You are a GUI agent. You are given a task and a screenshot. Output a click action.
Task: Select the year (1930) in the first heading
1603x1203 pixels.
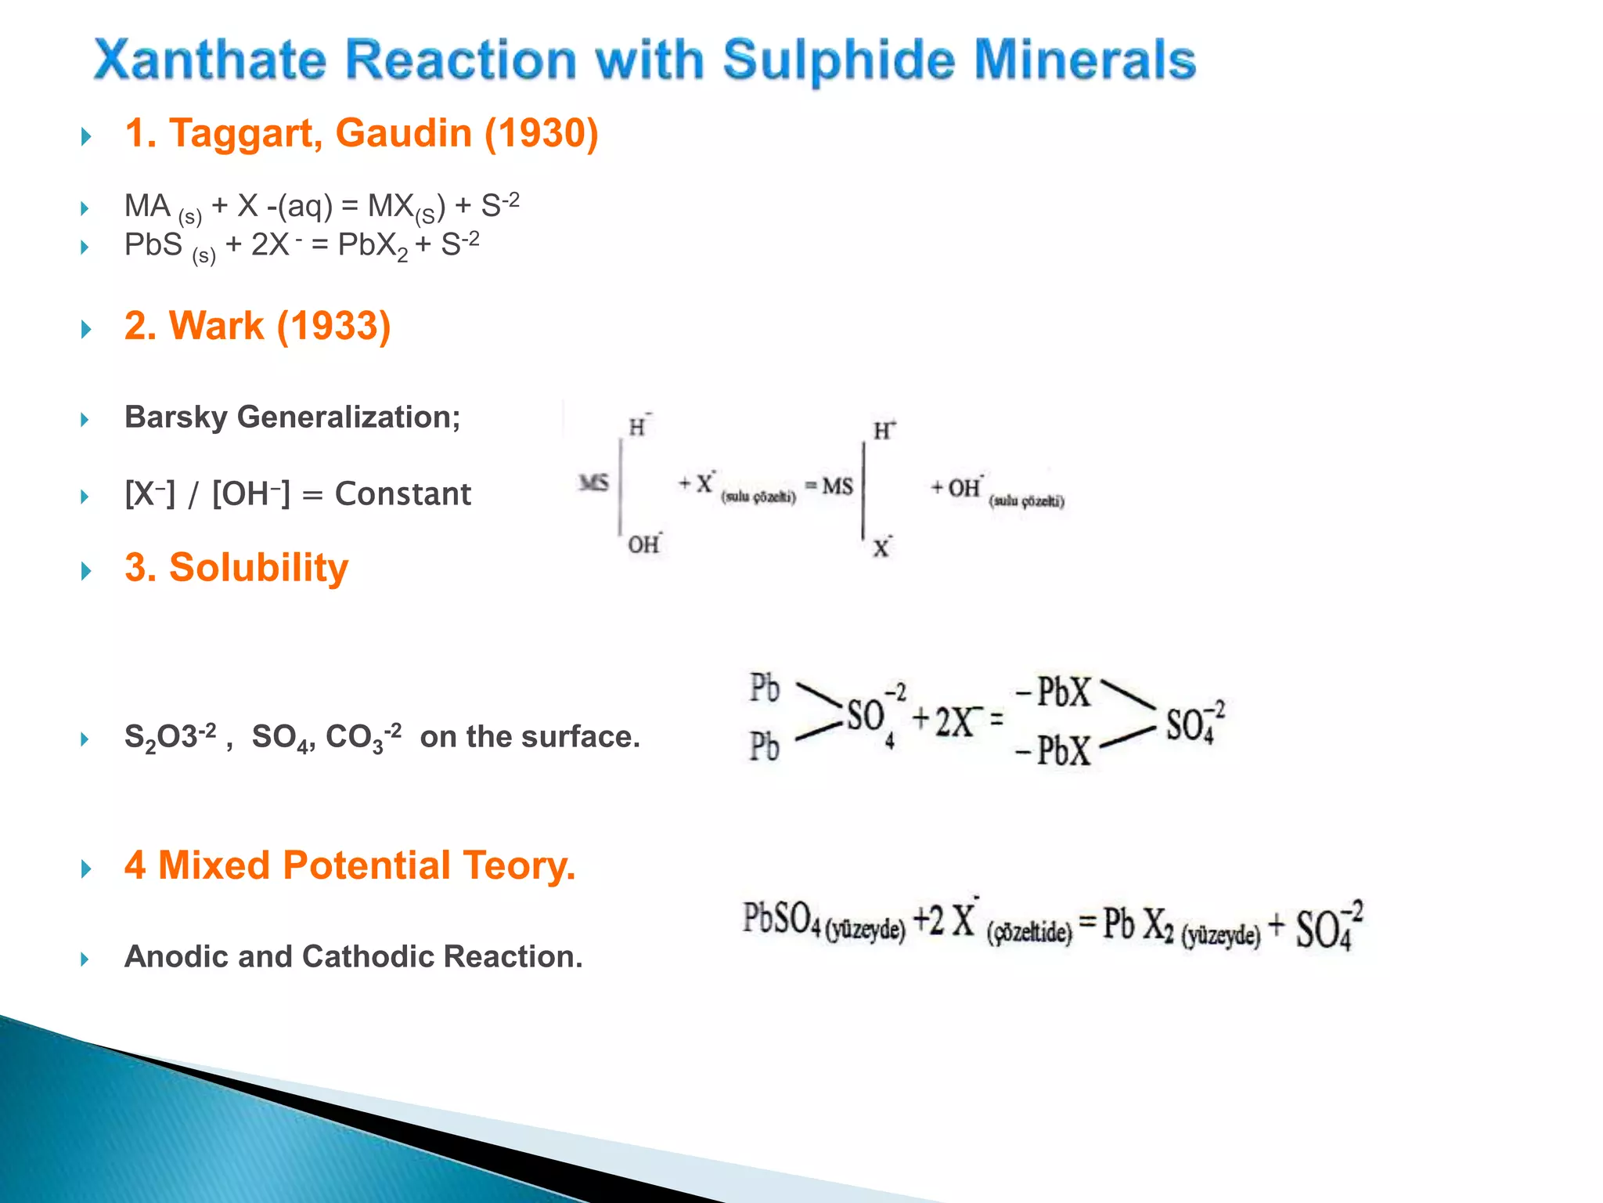pos(541,133)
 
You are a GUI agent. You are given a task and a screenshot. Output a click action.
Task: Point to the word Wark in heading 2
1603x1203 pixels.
pos(217,326)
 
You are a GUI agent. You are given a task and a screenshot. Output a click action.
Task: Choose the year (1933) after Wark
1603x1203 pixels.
pos(334,326)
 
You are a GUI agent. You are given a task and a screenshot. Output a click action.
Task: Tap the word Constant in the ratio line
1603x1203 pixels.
pos(402,494)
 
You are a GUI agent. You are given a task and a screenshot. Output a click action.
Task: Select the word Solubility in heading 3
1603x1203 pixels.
pos(258,567)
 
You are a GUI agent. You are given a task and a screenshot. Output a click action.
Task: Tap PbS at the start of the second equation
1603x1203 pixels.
pos(153,245)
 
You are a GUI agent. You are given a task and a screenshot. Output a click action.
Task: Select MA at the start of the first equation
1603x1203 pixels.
pos(147,206)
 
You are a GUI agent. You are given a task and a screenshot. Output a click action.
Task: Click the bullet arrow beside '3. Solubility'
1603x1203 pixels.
pos(86,571)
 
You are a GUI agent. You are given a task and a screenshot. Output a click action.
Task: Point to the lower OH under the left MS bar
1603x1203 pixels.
pos(643,544)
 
